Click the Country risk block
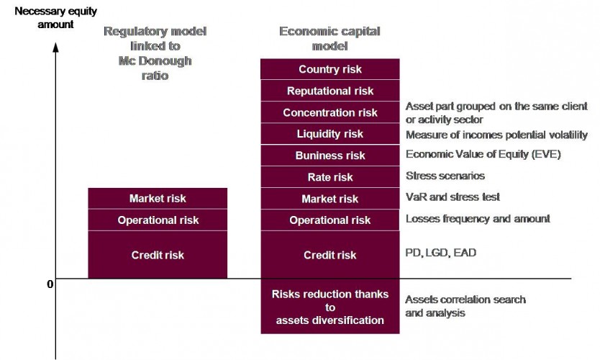coord(330,69)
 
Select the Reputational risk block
coord(330,91)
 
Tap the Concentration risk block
coord(330,112)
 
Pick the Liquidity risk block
coord(330,134)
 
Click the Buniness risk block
coord(330,156)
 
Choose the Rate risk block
coord(330,177)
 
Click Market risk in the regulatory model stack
coord(158,199)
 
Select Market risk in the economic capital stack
coord(330,199)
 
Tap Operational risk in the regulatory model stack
coord(158,220)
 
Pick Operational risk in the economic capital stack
coord(330,220)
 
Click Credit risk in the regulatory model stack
coord(158,255)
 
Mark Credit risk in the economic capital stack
coord(330,255)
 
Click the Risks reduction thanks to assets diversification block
coord(330,307)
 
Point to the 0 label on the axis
coord(50,284)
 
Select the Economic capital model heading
coord(329,38)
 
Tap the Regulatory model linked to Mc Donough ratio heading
coord(155,53)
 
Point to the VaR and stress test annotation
coord(453,197)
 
